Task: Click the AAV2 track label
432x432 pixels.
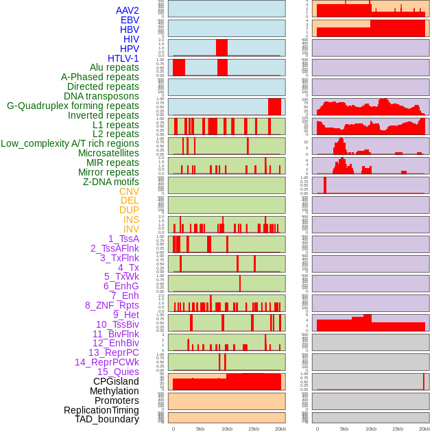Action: (x=128, y=10)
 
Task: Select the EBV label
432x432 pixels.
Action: (x=130, y=20)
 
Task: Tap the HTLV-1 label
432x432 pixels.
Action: (x=123, y=58)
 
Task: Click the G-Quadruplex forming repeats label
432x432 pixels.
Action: (x=73, y=106)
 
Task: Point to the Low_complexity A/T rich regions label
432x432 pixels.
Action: (x=70, y=143)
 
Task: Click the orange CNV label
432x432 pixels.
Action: (x=129, y=191)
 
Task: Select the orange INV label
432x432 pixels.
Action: (x=131, y=229)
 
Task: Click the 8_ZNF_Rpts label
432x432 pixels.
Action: (x=112, y=305)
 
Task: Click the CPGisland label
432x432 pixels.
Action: (x=116, y=381)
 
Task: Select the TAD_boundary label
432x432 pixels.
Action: (x=107, y=419)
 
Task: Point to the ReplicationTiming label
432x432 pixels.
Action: (x=101, y=410)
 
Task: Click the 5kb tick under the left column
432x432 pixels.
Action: (x=200, y=429)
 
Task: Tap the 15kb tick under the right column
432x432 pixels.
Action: (x=398, y=429)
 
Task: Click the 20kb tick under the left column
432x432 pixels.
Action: (x=280, y=429)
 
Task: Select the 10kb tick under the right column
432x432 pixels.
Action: (x=371, y=429)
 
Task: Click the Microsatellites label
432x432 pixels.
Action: (x=108, y=153)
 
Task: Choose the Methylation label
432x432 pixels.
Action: (x=115, y=391)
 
